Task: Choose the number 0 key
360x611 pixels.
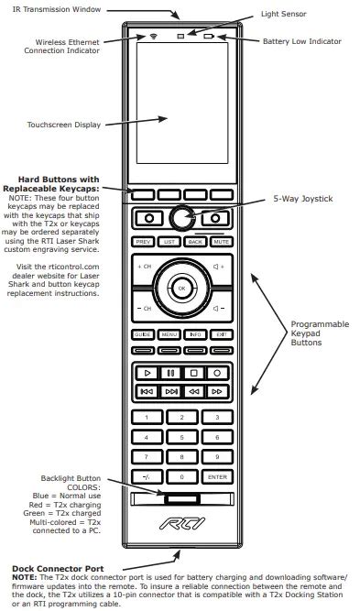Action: (181, 476)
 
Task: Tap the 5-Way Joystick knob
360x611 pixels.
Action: (181, 218)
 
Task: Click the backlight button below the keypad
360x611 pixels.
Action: (180, 500)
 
